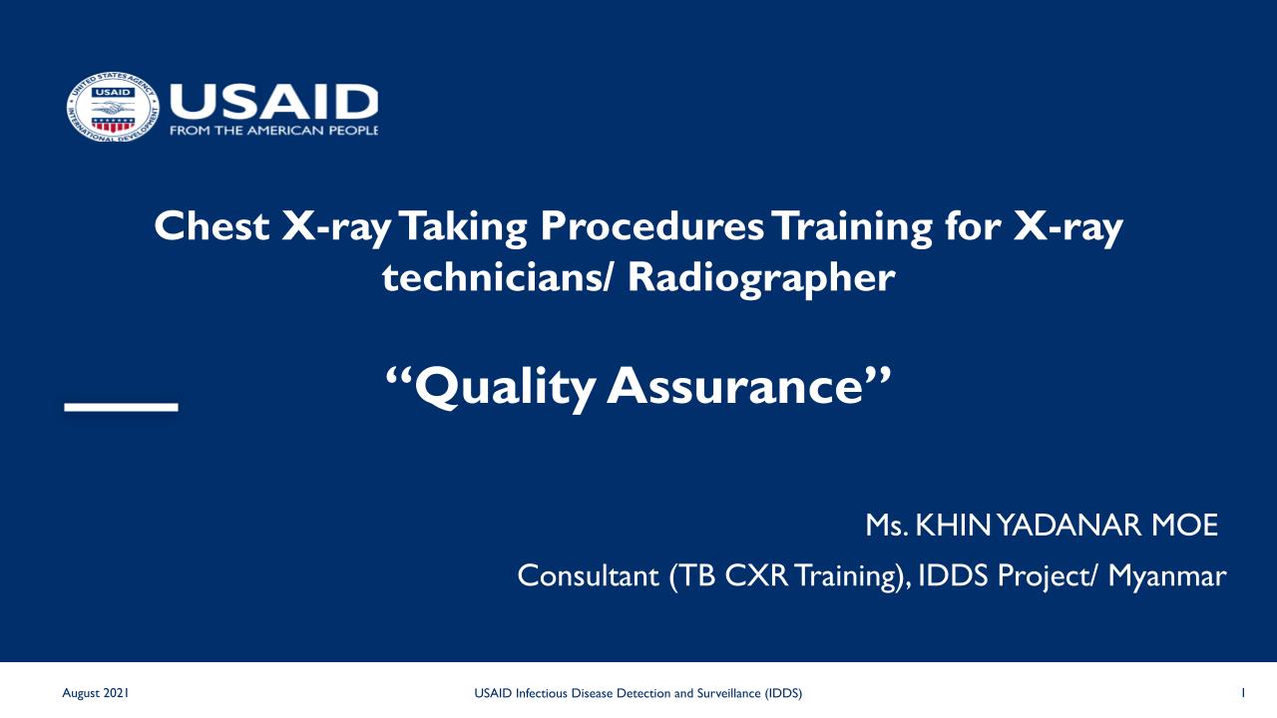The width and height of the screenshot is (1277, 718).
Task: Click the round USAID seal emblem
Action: coord(113,107)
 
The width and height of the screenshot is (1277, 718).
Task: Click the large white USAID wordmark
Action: coord(273,102)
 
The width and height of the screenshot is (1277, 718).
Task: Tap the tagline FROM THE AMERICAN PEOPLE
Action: coord(273,131)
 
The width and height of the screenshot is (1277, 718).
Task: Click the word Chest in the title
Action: coord(212,226)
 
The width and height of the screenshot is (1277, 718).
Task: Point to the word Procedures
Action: coord(651,226)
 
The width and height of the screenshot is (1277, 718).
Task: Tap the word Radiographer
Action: coord(761,279)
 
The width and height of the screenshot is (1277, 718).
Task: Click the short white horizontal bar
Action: coord(122,407)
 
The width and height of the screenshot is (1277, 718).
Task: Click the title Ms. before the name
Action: coord(887,526)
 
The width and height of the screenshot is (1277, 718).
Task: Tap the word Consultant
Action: coord(588,576)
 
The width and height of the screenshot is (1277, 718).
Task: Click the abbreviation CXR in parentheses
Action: coord(756,576)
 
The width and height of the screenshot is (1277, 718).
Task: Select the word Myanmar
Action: coord(1167,576)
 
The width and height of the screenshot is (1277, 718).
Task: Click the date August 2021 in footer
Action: coord(95,693)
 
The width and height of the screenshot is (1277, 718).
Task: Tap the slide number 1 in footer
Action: coord(1243,693)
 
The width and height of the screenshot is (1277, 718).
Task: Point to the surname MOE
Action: coord(1184,526)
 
